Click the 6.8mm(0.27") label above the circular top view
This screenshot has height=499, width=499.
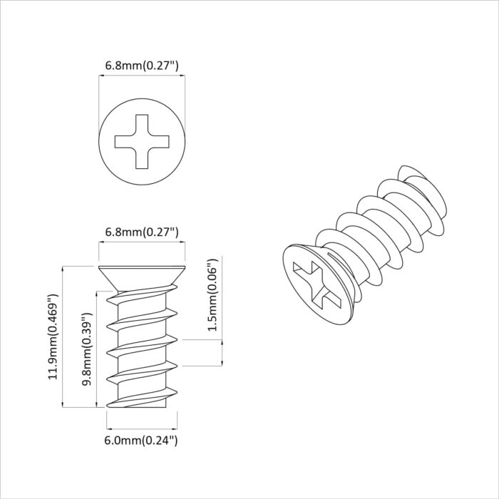click(x=141, y=66)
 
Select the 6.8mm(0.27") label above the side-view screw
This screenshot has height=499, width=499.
click(x=141, y=232)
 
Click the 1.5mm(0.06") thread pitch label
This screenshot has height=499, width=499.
click(x=211, y=294)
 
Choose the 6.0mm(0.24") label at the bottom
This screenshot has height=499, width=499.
click(x=141, y=440)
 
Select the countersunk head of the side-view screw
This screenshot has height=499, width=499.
click(x=141, y=275)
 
